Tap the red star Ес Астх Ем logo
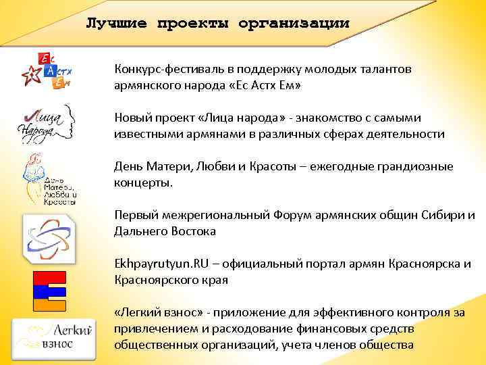45,69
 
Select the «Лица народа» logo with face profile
45,121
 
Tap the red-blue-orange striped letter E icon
49,291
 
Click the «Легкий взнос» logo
53,335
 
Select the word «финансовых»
325,328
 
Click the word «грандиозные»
418,166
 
